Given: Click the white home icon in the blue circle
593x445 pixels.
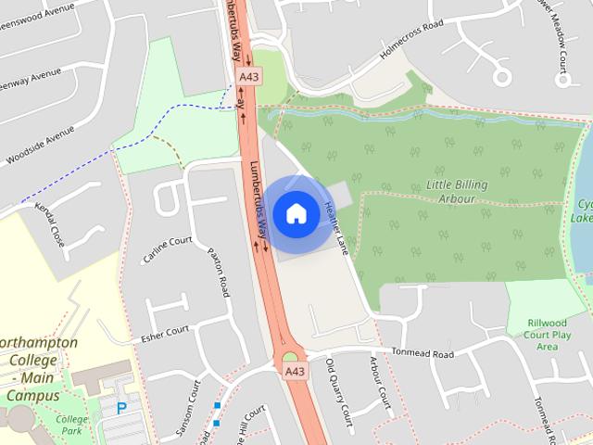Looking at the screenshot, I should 296,213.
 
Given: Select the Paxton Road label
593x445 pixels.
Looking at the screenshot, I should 219,272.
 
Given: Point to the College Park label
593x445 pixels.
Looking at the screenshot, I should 70,424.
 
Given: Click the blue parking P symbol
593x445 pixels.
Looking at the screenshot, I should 121,407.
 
